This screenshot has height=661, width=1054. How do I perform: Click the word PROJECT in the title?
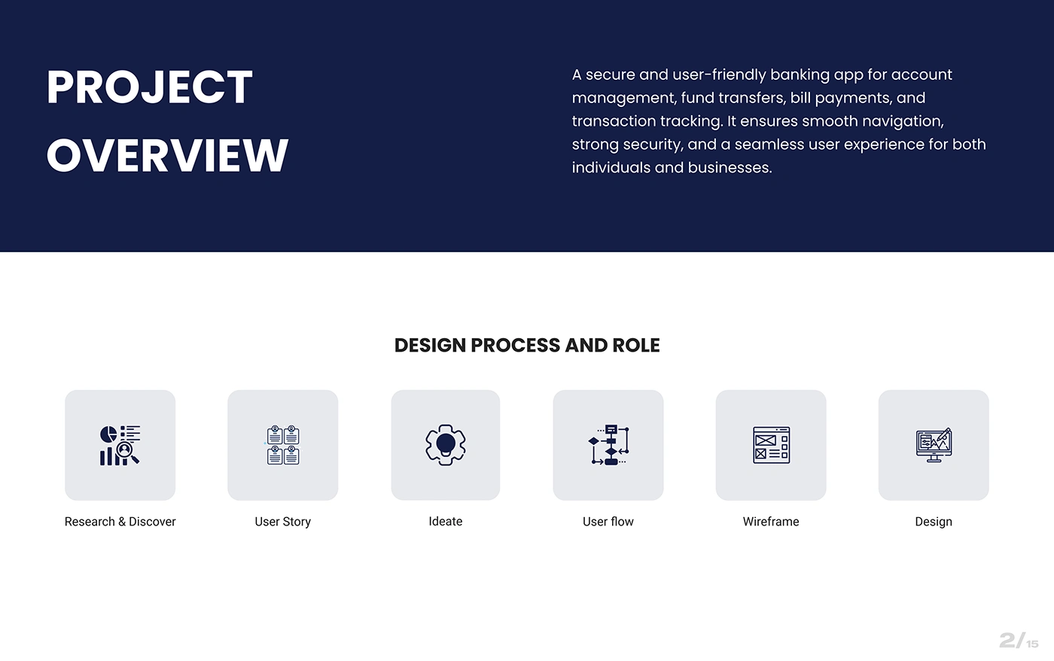(150, 87)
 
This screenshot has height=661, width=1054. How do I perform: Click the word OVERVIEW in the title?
(167, 155)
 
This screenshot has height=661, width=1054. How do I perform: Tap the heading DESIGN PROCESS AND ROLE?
(527, 346)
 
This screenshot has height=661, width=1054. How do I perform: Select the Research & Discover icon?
(120, 445)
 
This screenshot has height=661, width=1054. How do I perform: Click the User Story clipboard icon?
(283, 445)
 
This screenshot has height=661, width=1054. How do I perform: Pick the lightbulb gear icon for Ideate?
(446, 445)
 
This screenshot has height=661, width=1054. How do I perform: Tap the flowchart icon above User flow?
(608, 445)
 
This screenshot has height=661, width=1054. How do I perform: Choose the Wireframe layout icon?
(771, 445)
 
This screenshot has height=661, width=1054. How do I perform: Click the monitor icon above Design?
(934, 445)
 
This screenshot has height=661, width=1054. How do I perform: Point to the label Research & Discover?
(120, 522)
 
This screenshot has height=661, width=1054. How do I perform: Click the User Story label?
(283, 522)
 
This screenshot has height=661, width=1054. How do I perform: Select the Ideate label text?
(446, 521)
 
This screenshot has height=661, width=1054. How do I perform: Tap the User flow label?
(608, 522)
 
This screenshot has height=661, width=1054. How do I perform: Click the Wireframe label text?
(771, 522)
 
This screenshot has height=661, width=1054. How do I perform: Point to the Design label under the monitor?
(934, 522)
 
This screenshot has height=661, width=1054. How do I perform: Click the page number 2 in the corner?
(1007, 641)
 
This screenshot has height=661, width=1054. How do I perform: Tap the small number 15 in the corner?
(1032, 644)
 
